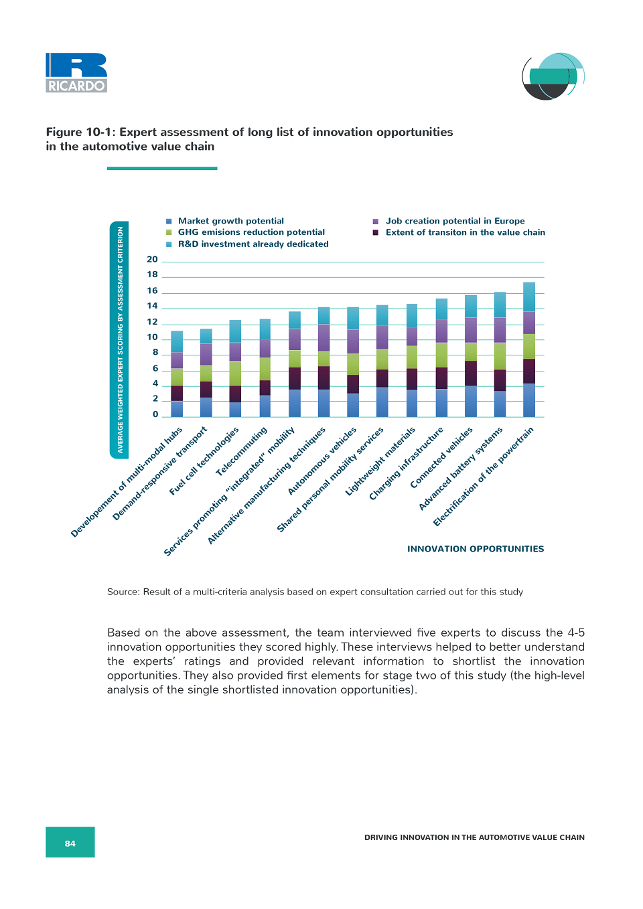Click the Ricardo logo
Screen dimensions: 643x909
click(x=76, y=73)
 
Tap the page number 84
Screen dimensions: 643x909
click(x=70, y=843)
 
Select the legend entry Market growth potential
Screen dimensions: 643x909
click(x=225, y=221)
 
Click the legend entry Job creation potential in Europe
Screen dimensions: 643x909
click(x=449, y=221)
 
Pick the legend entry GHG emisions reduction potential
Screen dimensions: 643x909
click(x=246, y=232)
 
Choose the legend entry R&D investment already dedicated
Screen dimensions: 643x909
click(x=247, y=244)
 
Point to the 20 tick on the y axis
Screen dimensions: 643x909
click(x=152, y=259)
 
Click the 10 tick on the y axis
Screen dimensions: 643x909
click(x=152, y=337)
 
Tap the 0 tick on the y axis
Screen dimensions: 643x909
click(x=155, y=414)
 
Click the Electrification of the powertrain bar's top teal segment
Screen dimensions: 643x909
click(x=529, y=297)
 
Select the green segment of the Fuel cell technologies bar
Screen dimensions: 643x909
click(x=235, y=374)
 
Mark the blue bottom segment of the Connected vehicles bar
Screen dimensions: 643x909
click(x=470, y=402)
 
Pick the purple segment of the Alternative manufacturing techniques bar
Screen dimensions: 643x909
click(x=324, y=338)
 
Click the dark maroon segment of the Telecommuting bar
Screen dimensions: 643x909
click(x=265, y=388)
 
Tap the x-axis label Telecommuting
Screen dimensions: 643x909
click(x=242, y=451)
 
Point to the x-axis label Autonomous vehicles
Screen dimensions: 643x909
click(x=322, y=461)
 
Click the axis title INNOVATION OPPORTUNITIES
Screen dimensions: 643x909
click(x=476, y=549)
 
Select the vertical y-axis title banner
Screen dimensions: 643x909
click(x=119, y=340)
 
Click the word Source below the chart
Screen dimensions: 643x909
click(x=123, y=592)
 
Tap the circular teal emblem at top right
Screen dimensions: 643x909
click(x=553, y=76)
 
